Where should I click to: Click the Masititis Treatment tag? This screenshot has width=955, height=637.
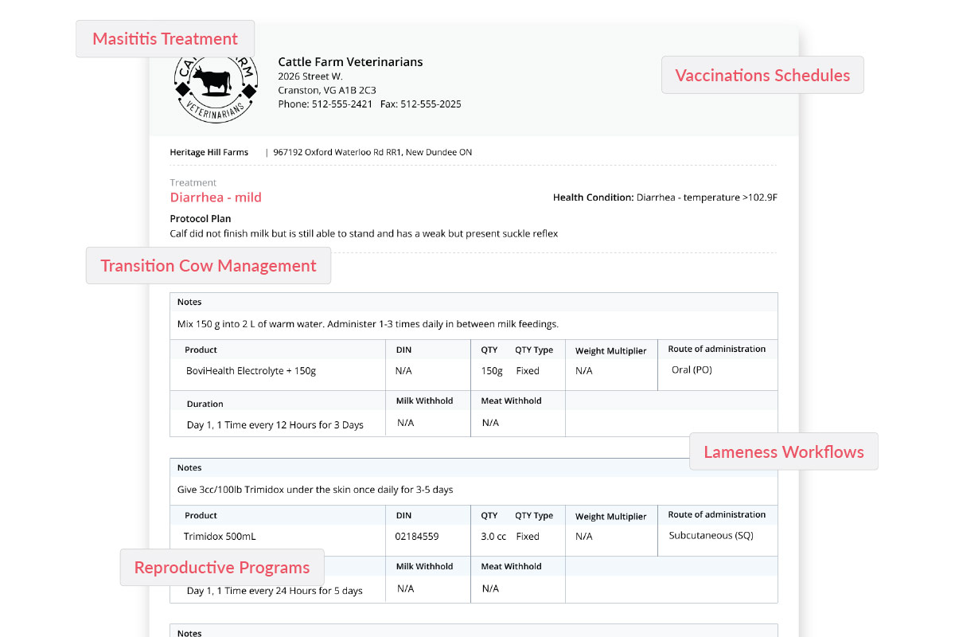[x=165, y=39]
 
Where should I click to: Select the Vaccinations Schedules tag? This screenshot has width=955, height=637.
[x=762, y=76]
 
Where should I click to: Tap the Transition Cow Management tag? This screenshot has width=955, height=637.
[x=208, y=266]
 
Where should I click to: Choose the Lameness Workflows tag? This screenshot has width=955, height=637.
[x=783, y=452]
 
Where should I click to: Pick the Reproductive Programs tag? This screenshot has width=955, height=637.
[x=221, y=568]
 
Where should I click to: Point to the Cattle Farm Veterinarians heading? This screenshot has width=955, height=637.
[x=350, y=62]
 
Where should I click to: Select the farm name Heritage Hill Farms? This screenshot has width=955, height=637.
[x=209, y=152]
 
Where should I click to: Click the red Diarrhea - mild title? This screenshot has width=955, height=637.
[x=216, y=197]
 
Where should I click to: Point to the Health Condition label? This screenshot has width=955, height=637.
[x=593, y=197]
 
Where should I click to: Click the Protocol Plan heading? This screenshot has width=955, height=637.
[x=201, y=219]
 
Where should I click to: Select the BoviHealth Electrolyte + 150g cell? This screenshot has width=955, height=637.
[x=251, y=371]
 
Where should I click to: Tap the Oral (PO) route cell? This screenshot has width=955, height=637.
[x=692, y=370]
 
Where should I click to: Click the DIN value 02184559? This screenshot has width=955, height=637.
[x=416, y=537]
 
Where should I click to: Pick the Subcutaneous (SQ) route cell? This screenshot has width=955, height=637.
[x=711, y=536]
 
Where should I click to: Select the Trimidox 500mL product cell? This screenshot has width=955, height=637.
[x=220, y=537]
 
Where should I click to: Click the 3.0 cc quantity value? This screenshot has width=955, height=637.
[x=493, y=537]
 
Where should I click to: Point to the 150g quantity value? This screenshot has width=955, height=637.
[x=492, y=371]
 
